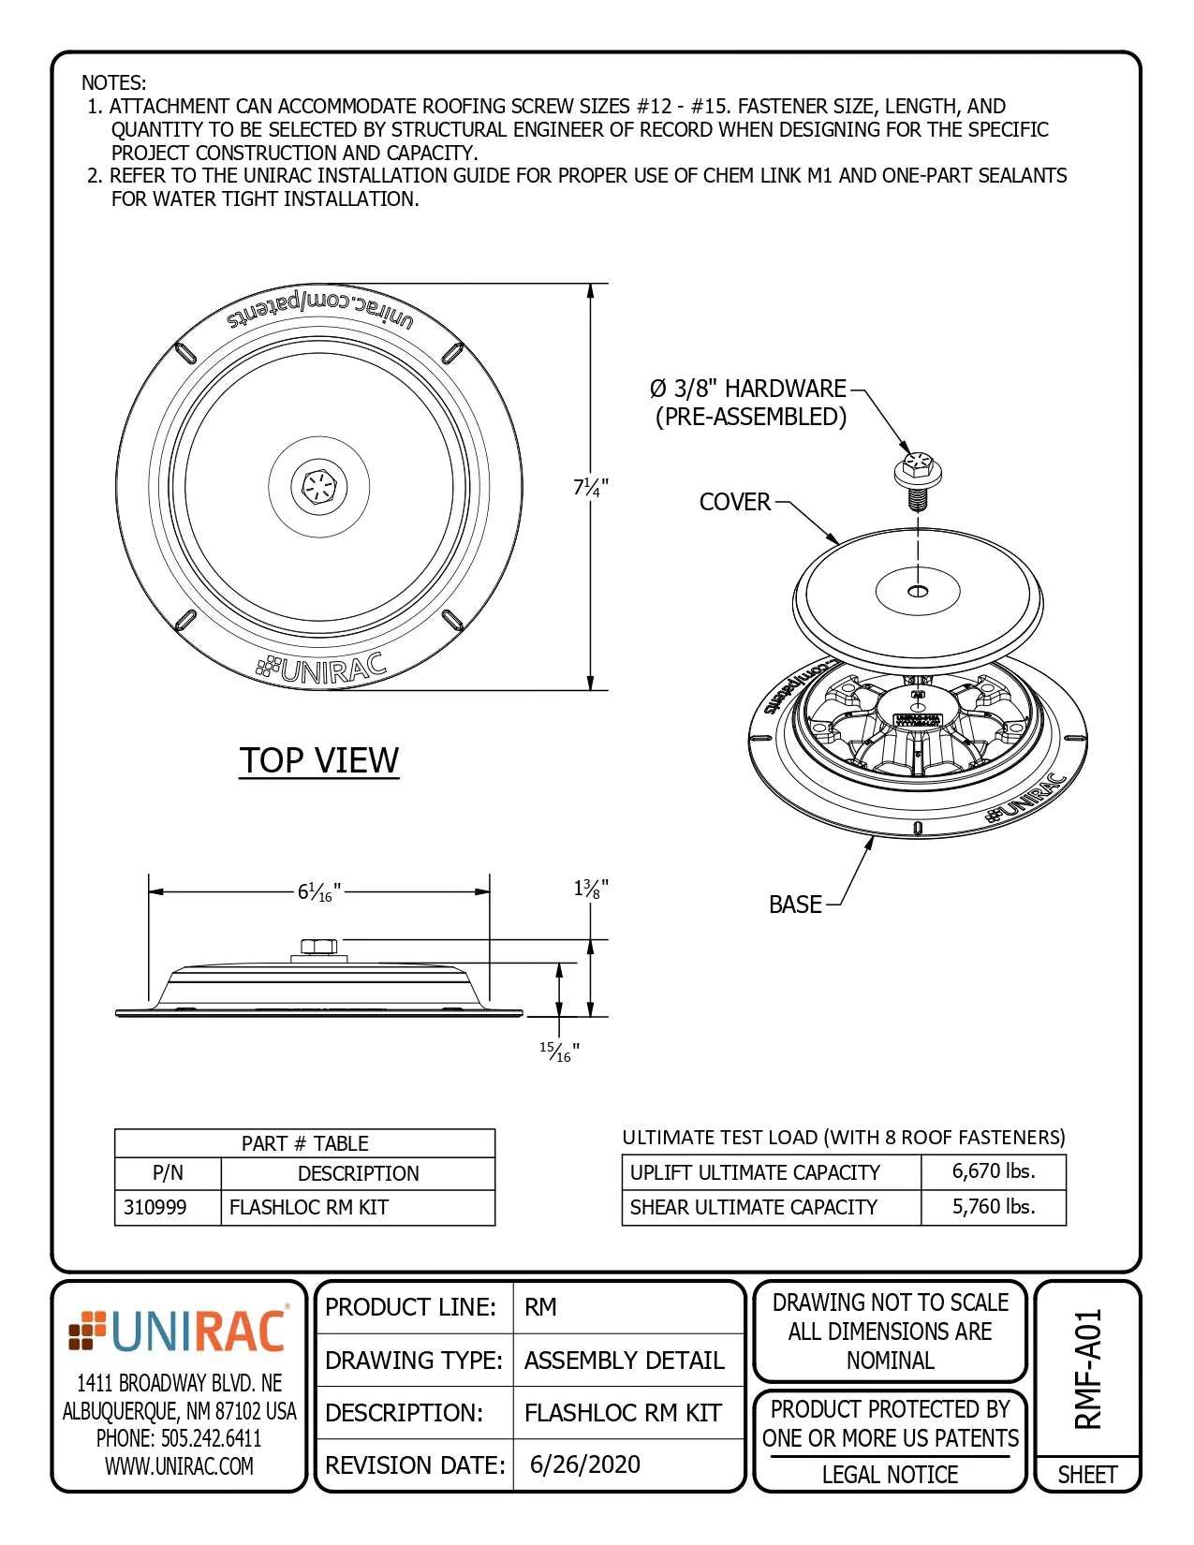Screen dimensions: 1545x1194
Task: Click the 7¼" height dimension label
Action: tap(591, 487)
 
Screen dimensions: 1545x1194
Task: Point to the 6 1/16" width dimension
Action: tap(318, 892)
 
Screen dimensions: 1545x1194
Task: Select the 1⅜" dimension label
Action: tap(591, 888)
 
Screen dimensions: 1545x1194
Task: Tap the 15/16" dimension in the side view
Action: tap(559, 1052)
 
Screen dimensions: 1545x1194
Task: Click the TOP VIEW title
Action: tap(319, 760)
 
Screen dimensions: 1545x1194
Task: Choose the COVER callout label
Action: tap(734, 502)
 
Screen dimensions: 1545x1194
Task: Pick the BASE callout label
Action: tap(795, 905)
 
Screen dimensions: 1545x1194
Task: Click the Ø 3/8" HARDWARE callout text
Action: tap(749, 389)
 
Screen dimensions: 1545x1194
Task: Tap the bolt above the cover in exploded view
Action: tap(918, 477)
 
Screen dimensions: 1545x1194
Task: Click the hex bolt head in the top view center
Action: tap(319, 487)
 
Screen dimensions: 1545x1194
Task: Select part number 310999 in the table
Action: tap(155, 1208)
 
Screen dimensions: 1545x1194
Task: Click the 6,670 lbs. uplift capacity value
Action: tap(994, 1171)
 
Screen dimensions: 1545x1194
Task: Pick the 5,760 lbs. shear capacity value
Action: tap(994, 1207)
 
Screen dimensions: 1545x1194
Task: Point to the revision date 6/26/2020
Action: tap(585, 1464)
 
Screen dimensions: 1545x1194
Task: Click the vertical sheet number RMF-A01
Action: tap(1088, 1369)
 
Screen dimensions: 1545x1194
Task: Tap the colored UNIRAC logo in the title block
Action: tap(179, 1332)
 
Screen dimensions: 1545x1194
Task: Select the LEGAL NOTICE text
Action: tap(890, 1475)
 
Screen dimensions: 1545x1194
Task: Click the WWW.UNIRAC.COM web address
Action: tap(179, 1466)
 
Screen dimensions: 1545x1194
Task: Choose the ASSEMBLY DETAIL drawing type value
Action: tap(625, 1361)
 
